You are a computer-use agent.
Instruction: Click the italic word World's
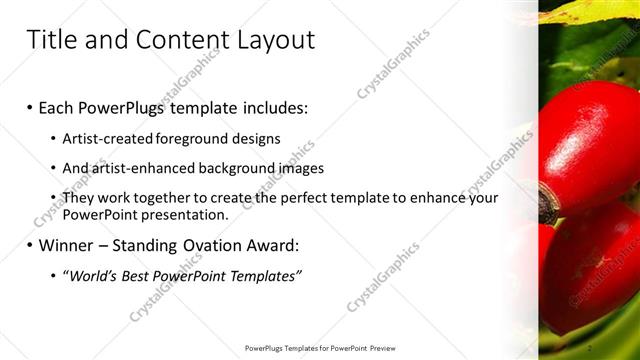91,275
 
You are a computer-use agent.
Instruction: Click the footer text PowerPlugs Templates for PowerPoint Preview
320,348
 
